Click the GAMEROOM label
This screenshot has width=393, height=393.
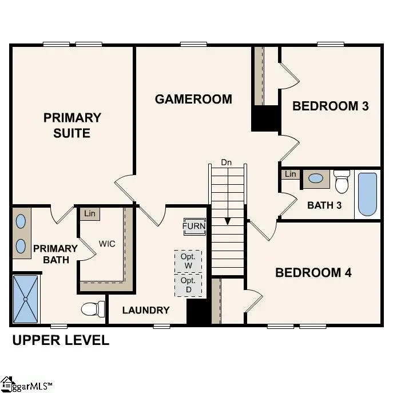193,99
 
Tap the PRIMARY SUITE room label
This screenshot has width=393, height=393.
72,125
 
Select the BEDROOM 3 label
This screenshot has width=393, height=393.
330,106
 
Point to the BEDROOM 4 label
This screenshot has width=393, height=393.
313,272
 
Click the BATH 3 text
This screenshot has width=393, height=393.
324,205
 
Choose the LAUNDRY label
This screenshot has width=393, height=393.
146,310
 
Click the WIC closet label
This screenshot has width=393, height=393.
106,244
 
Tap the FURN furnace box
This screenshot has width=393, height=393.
194,226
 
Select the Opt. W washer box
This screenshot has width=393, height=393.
188,261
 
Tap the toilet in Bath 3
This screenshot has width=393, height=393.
342,182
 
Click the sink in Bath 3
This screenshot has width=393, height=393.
315,178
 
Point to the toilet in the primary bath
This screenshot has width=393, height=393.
92,309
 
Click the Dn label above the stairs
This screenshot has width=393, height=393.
227,162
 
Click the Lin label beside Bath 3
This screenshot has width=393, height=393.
290,174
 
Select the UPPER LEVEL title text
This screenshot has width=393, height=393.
61,340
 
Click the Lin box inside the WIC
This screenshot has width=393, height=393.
89,214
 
